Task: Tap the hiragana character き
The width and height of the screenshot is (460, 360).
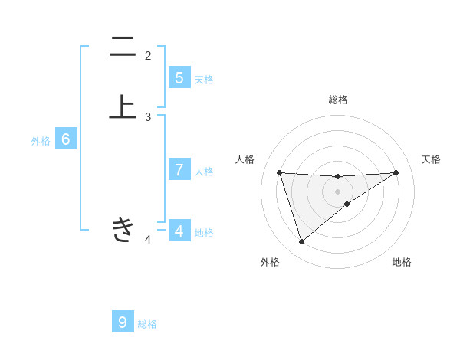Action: [x=123, y=229]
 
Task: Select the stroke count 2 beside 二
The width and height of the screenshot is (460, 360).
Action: [x=148, y=56]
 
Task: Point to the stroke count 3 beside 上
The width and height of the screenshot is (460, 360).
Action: [x=148, y=117]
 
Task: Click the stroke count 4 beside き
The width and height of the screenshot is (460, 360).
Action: [x=148, y=241]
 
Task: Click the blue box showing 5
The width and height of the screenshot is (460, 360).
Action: [x=179, y=77]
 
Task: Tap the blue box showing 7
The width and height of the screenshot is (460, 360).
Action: [x=179, y=170]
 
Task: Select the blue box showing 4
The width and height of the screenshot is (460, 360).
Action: [x=179, y=231]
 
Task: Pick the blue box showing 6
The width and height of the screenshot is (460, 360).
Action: [x=66, y=139]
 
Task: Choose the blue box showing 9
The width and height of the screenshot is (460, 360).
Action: [x=123, y=322]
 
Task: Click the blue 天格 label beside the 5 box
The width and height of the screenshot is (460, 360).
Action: [x=204, y=80]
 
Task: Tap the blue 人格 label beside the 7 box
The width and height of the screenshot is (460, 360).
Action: [x=204, y=172]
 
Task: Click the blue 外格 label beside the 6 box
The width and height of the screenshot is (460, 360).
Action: [x=41, y=141]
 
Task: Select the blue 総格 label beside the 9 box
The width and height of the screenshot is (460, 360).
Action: [x=147, y=324]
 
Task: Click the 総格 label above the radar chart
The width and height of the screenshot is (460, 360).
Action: [x=337, y=100]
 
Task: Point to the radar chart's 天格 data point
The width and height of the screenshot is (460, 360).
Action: [x=396, y=172]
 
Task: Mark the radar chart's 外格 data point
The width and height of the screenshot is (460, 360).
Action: [x=301, y=242]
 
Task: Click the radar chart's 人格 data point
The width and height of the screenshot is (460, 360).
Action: [x=280, y=172]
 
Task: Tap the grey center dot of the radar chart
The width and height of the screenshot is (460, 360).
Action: [x=337, y=191]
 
